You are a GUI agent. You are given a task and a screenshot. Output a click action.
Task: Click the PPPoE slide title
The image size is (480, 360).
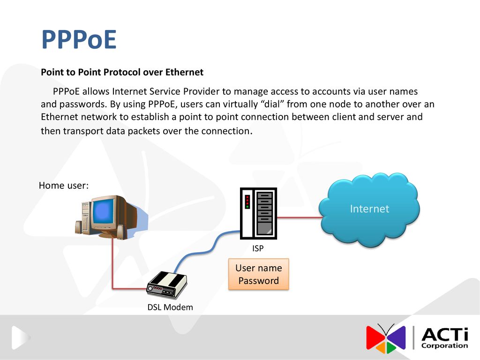[79, 39]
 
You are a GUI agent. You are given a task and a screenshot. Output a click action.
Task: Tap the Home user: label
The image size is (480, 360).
[64, 186]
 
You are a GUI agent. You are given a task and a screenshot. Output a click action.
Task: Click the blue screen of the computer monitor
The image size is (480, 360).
[104, 212]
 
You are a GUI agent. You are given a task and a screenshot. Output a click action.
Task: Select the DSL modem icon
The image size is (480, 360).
[167, 285]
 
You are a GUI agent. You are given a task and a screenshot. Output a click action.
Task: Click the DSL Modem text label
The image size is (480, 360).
[170, 307]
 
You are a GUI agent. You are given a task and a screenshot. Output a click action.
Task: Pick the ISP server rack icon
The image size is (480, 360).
[258, 213]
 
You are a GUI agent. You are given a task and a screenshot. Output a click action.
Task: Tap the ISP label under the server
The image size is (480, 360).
[258, 248]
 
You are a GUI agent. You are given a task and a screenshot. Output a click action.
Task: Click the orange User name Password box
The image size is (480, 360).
[259, 274]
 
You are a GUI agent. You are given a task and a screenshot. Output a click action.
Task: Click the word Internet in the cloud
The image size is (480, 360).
[369, 209]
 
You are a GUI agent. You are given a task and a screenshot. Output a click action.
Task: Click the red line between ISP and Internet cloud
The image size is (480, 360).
[300, 217]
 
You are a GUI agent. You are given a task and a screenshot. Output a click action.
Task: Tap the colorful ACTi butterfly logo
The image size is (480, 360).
[386, 338]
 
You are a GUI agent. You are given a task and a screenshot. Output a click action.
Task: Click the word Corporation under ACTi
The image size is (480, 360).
[444, 345]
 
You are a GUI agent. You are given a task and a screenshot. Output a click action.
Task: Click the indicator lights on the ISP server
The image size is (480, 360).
[247, 202]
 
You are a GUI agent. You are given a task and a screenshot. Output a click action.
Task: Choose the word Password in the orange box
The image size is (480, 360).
[259, 281]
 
